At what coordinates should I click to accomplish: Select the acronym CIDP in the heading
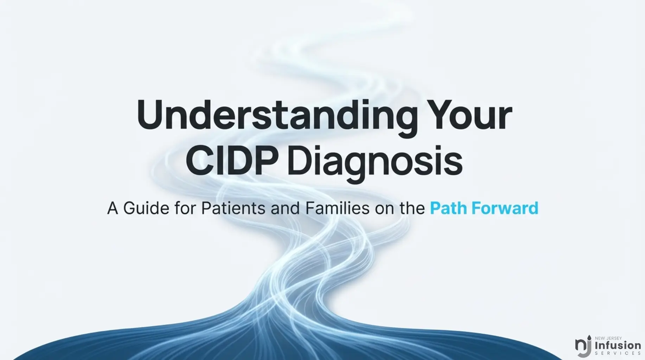pos(231,162)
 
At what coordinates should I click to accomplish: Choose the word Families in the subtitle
pos(338,208)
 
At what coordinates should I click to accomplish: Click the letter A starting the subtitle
pos(113,208)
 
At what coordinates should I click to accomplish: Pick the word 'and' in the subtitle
pos(286,208)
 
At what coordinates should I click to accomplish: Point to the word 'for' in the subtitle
pos(185,208)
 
